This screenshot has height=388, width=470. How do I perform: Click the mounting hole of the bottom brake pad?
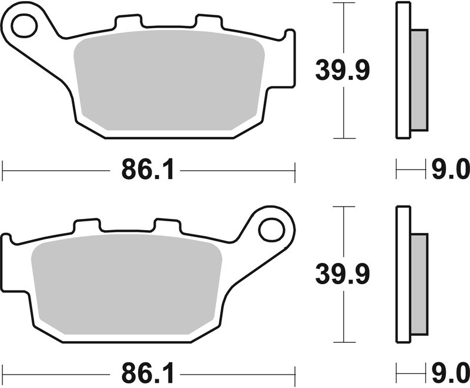pos(271,228)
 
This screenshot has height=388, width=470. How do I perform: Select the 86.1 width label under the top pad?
pos(148,171)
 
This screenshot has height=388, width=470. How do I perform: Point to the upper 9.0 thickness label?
pos(451,171)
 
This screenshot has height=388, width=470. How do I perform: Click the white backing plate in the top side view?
pos(403,70)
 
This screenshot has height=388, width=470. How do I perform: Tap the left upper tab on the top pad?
pos(129,22)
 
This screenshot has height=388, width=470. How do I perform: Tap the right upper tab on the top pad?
pos(209,22)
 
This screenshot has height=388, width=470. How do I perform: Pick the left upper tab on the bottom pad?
pos(86,225)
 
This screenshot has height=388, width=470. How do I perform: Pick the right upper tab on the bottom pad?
pos(166,225)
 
